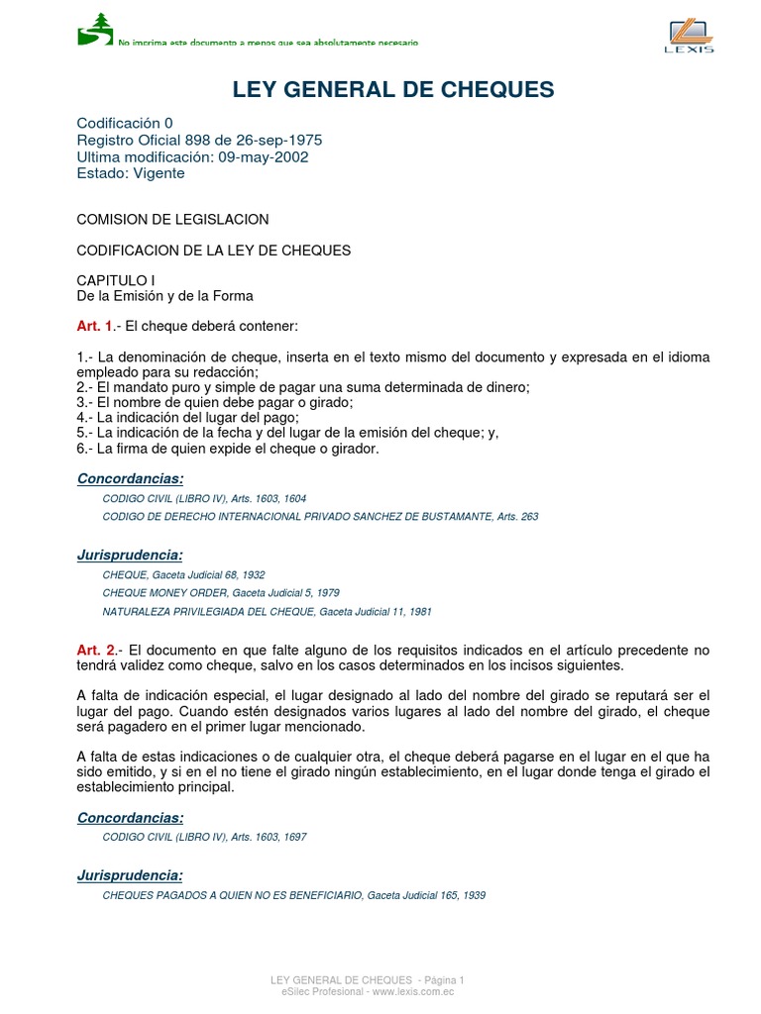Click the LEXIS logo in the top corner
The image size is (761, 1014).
pos(689,36)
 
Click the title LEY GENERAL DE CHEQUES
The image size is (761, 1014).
pos(393,90)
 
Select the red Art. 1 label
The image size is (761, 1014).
pos(95,326)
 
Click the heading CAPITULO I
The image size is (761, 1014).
pos(116,280)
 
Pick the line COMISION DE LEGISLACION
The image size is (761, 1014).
pos(172,219)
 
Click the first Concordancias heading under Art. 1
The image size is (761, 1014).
pos(130,479)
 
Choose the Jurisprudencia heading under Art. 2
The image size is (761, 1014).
pos(130,875)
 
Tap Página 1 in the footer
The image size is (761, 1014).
pos(441,979)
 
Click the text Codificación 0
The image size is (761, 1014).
pos(125,123)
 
